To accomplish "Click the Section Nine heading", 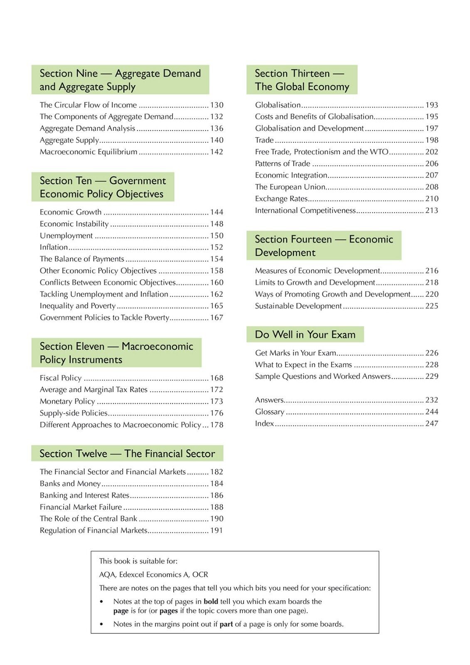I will tap(120, 80).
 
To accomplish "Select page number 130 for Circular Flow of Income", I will tap(217, 105).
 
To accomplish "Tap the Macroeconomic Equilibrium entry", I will tap(89, 152).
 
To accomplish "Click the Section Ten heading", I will tap(103, 187).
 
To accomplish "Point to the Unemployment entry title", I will tap(66, 236).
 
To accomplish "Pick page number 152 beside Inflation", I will tap(217, 247).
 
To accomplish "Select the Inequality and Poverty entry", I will tap(78, 306).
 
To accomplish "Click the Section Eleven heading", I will tap(116, 353).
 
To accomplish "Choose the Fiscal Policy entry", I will tap(61, 378).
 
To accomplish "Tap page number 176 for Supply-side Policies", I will tap(217, 413).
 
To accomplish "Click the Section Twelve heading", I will tap(127, 453).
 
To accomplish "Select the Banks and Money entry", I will tap(70, 484).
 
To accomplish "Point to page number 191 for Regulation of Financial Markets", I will tap(217, 531).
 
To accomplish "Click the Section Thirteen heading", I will tap(302, 80).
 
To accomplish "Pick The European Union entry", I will tap(290, 187).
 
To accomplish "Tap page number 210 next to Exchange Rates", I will tap(432, 199).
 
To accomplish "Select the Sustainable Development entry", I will tap(298, 306).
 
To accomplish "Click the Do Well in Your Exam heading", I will tap(305, 335).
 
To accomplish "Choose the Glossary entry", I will tap(270, 412).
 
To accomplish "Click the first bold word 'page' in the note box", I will tap(121, 611).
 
